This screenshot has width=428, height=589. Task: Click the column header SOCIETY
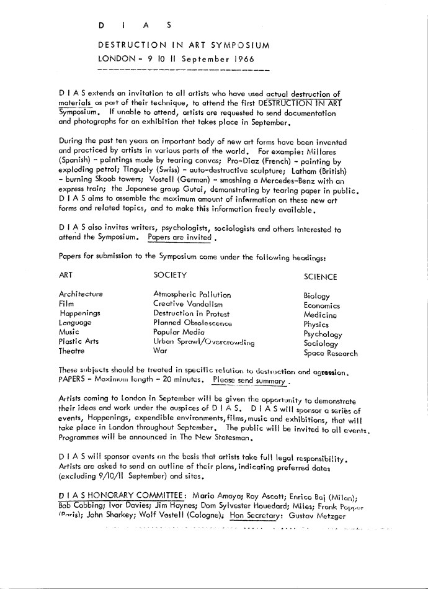click(x=170, y=275)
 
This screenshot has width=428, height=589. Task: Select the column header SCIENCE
click(x=321, y=277)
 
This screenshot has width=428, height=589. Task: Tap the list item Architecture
click(x=81, y=294)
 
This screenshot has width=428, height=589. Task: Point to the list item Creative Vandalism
click(x=187, y=304)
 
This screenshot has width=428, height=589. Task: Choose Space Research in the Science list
click(x=330, y=354)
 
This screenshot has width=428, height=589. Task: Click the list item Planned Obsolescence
click(x=192, y=323)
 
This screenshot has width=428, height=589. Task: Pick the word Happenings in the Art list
click(x=79, y=313)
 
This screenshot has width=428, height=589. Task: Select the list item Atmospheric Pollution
click(x=192, y=295)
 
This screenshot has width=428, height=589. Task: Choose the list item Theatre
click(x=74, y=351)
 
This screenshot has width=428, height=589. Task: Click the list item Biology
click(x=317, y=297)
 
